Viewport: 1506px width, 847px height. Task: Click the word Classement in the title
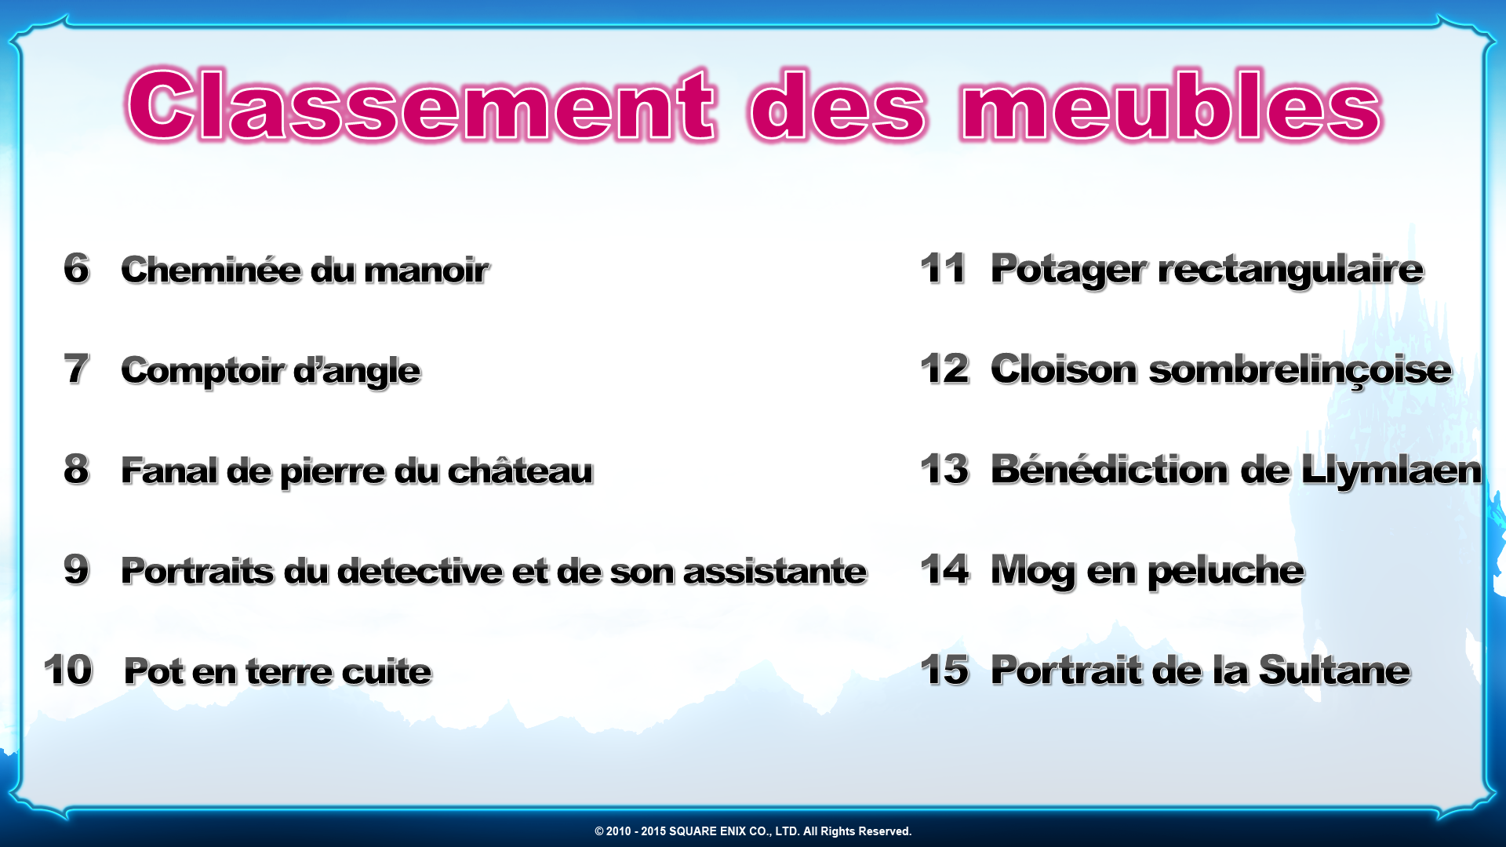[x=421, y=105]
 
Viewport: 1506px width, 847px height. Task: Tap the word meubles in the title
[x=1171, y=105]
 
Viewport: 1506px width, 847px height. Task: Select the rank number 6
[x=76, y=268]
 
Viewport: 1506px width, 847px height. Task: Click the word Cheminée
[x=211, y=270]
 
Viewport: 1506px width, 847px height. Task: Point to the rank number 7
[x=76, y=369]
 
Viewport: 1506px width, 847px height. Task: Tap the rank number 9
[x=76, y=569]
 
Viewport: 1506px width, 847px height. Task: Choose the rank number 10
[x=68, y=670]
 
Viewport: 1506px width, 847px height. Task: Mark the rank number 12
[x=944, y=369]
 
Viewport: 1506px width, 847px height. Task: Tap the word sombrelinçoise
[x=1300, y=370]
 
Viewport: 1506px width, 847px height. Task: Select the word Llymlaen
[x=1391, y=471]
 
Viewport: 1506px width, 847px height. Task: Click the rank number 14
[x=944, y=569]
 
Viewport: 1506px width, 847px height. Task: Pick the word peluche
[x=1225, y=572]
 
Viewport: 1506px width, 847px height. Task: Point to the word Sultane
[x=1334, y=671]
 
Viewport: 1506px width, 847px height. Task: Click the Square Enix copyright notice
[x=753, y=831]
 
